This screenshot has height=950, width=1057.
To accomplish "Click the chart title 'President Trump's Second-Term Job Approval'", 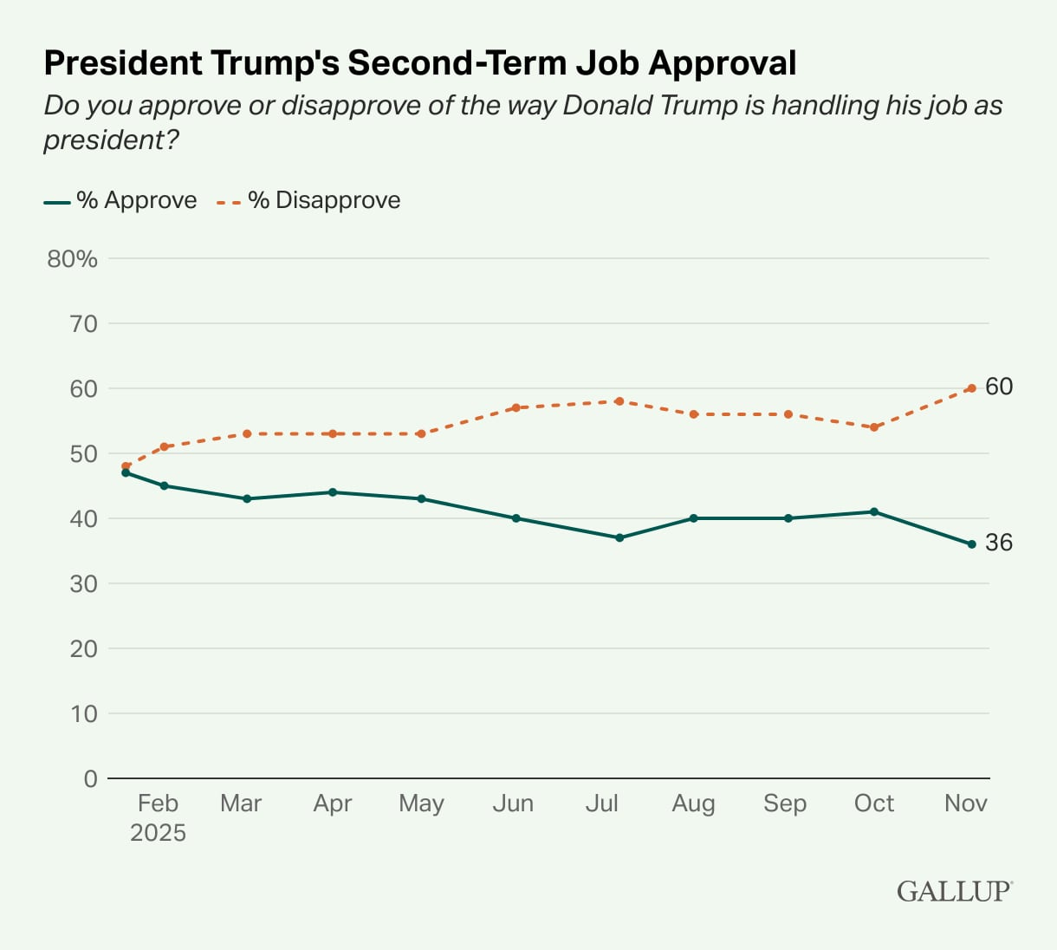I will tap(420, 63).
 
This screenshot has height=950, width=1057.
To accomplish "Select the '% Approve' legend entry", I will tap(120, 200).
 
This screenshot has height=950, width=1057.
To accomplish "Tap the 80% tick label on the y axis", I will tap(73, 259).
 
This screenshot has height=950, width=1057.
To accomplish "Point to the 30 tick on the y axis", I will tap(84, 583).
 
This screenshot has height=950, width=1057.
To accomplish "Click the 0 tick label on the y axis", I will tap(90, 778).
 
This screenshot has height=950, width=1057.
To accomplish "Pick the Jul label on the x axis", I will tap(601, 804).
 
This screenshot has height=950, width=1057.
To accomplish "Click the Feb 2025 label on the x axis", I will tap(158, 817).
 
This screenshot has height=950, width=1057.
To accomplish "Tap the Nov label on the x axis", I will tap(965, 804).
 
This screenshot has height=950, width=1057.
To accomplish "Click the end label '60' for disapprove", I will tap(999, 387).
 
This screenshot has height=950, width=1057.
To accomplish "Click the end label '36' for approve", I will tap(999, 543).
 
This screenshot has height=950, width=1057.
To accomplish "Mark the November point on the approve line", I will tap(971, 544).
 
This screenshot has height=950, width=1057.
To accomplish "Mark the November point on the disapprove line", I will tap(971, 388).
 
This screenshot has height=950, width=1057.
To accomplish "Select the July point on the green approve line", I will tap(619, 537).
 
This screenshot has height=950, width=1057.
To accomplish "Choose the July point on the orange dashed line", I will tap(619, 401).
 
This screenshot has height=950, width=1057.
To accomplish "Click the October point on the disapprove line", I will tap(874, 427).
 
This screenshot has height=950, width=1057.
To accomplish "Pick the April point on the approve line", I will tap(333, 492).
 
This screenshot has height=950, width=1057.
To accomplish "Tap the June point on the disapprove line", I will tap(516, 407).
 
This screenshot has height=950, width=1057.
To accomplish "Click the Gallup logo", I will tap(954, 891).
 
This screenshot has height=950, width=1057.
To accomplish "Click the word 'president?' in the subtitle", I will tap(111, 140).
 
